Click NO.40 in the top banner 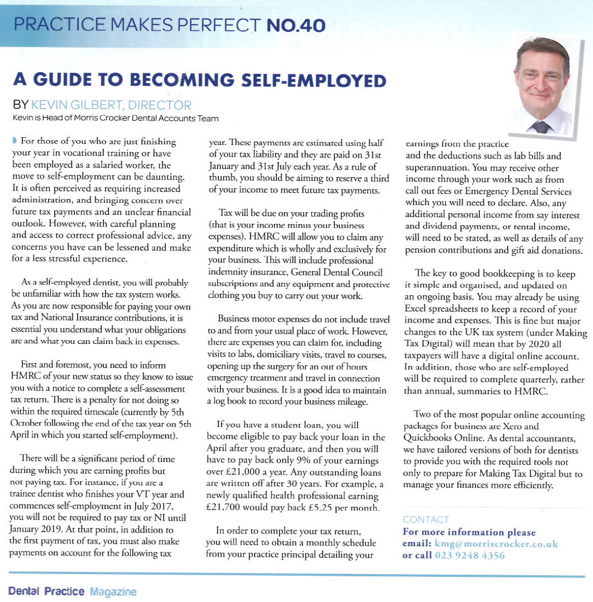point(295,25)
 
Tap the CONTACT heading point(426,519)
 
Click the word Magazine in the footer point(113,591)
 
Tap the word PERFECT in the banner point(214,25)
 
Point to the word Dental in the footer point(22,591)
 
